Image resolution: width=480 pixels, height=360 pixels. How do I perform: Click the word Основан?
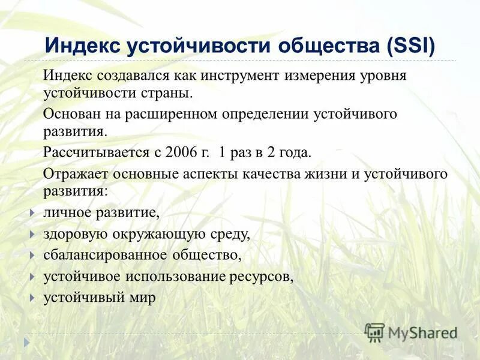[70, 113]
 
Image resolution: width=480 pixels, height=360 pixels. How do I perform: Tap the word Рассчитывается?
[95, 152]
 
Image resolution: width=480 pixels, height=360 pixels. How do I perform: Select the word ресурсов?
[262, 276]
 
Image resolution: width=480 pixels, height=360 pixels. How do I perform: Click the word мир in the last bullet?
[143, 297]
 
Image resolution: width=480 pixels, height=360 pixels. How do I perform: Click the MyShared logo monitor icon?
[375, 332]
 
